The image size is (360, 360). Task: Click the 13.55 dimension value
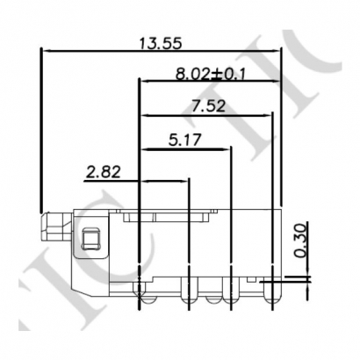click(x=161, y=40)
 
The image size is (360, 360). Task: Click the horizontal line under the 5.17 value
click(x=184, y=148)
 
